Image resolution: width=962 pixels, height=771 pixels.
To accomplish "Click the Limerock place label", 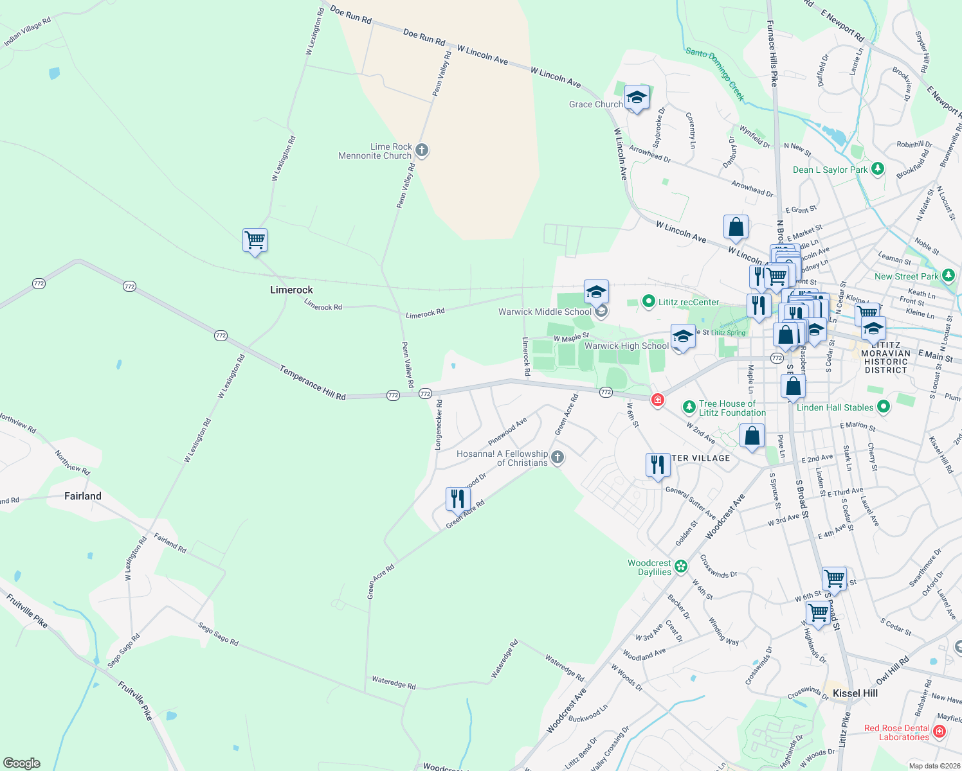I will point(291,290).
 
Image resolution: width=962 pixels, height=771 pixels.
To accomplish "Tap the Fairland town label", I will point(83,496).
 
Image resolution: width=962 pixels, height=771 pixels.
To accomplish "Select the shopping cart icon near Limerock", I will point(255,240).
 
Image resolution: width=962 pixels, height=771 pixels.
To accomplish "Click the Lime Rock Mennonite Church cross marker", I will point(422,151).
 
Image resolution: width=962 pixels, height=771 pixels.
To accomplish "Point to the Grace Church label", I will point(595,104).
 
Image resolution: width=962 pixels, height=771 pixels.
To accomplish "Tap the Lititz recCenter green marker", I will point(649,301).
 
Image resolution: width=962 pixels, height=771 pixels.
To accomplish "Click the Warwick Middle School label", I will point(545,312).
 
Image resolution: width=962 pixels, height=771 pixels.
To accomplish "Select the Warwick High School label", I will point(626,346).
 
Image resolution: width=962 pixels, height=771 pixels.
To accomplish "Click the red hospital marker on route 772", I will point(657,400).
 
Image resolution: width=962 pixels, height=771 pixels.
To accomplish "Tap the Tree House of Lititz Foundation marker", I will point(689,407).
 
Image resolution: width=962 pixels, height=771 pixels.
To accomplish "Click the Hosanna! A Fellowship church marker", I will point(558,457).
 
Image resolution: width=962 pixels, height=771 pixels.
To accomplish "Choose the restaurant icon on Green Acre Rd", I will point(457,499).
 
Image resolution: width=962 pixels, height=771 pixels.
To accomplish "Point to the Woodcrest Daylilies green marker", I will point(681,567).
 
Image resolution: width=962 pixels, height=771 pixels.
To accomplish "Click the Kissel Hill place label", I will point(855,693).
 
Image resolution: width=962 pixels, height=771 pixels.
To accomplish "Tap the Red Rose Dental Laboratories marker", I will point(939,731).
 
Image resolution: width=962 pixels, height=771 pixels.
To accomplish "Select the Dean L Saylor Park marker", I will point(878,170).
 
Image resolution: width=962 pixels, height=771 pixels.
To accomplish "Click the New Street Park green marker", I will point(948,276).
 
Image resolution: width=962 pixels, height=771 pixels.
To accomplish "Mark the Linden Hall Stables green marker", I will point(884,407).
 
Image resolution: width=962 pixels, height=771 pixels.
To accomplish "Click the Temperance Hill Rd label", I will point(313,383).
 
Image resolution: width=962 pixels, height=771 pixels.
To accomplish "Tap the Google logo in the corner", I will point(22,763).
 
